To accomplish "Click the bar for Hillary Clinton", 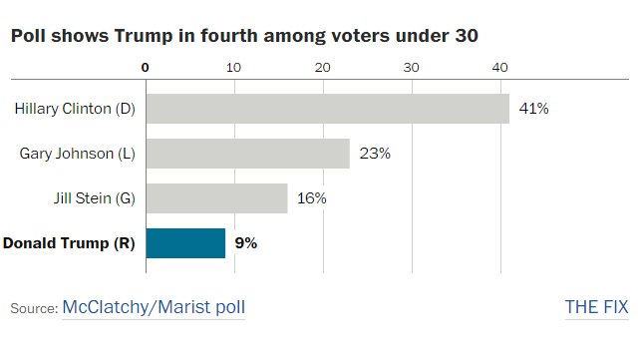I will pos(327,109).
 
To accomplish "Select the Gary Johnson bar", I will pos(247,154).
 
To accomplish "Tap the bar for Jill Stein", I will pos(216,198).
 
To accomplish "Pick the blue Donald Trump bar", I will pos(185,243).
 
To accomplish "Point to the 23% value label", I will pos(375,154).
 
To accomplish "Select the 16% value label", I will pos(312,198).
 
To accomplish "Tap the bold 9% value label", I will pos(245,243).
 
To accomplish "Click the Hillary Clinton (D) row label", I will pos(75,109).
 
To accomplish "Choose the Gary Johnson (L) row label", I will pos(78,154).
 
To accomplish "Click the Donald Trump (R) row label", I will pos(69,243).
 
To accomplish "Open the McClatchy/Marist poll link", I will pos(154,308).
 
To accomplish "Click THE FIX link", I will pos(596,308).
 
